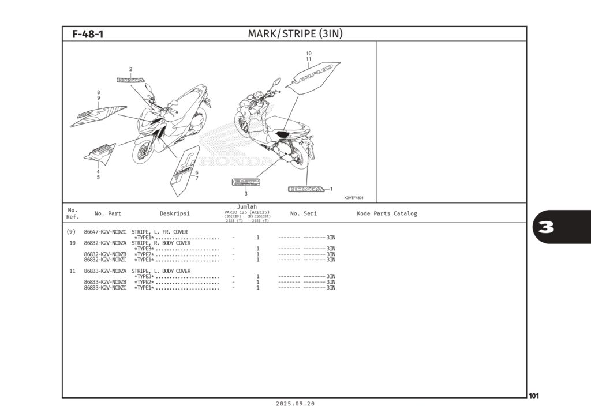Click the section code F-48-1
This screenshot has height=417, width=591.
tap(88, 34)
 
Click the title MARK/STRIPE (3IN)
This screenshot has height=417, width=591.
tap(295, 34)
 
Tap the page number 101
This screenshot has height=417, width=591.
tap(533, 396)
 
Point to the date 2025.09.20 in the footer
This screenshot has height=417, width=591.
tap(295, 404)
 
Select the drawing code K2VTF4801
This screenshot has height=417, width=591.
tap(353, 198)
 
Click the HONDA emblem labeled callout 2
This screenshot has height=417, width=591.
tap(130, 81)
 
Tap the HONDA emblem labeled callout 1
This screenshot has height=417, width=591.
tap(306, 189)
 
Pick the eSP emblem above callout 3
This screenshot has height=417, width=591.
tap(246, 182)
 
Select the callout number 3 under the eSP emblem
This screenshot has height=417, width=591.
tap(246, 194)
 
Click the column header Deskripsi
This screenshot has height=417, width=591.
tap(174, 213)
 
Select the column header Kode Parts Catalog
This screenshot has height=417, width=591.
tap(386, 213)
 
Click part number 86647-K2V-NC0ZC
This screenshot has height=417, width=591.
tap(105, 232)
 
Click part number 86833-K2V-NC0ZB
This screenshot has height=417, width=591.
tap(105, 282)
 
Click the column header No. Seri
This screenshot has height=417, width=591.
tap(303, 213)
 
